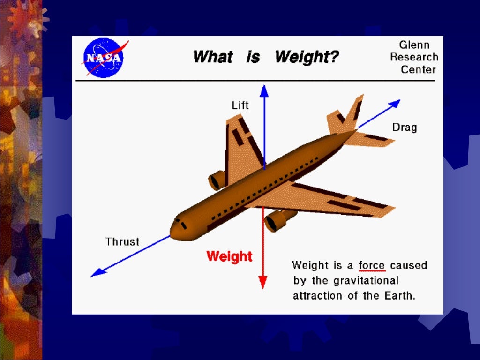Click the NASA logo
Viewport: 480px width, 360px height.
[103, 58]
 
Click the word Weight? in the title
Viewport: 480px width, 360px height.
[307, 57]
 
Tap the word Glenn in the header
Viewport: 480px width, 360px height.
[414, 45]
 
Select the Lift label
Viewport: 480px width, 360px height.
[240, 105]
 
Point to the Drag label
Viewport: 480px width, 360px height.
[405, 127]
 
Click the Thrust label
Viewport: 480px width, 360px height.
[122, 242]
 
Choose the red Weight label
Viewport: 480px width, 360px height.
[229, 256]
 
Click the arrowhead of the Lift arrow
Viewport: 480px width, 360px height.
[264, 90]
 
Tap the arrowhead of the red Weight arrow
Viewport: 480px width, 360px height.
[262, 283]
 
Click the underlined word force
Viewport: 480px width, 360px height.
[371, 266]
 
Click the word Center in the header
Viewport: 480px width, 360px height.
[418, 70]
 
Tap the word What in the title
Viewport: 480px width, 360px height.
[212, 57]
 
